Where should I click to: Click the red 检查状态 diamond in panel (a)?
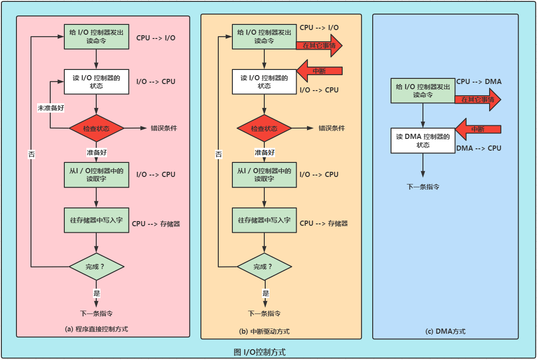[96, 128]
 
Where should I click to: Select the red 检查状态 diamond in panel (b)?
[264, 128]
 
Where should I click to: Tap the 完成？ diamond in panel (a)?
[96, 267]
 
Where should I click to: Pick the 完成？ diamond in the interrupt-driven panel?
[264, 267]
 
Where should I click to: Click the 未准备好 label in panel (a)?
[51, 107]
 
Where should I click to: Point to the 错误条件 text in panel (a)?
[164, 128]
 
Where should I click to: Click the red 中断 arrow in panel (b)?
[317, 71]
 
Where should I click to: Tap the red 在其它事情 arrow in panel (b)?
[318, 46]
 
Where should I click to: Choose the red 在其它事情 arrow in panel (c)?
[476, 100]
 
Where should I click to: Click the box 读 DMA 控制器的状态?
[423, 140]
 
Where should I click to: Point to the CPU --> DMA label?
[479, 82]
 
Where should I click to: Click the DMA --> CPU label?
[479, 148]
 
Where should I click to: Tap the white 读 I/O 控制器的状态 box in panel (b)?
[264, 82]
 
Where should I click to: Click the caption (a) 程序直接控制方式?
[96, 329]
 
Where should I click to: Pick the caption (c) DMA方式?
[445, 331]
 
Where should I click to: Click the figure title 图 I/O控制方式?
[259, 352]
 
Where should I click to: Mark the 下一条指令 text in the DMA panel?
[423, 186]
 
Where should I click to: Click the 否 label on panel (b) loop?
[219, 154]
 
